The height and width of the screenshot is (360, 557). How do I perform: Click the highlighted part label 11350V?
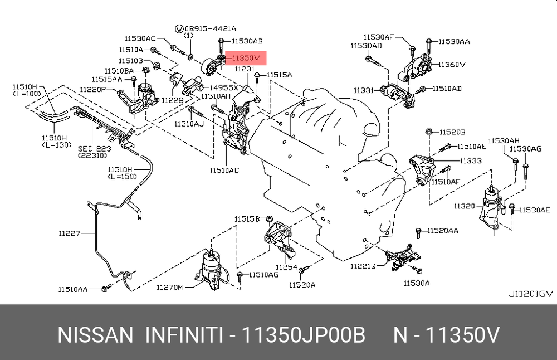[246, 57]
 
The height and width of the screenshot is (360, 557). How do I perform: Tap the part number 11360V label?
[452, 64]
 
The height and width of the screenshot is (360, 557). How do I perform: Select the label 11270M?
[169, 287]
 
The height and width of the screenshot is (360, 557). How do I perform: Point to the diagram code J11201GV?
[531, 294]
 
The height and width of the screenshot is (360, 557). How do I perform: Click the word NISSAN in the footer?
[95, 335]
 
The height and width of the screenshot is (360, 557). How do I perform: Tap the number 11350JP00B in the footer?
[303, 335]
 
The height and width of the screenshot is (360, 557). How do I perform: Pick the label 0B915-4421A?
[210, 28]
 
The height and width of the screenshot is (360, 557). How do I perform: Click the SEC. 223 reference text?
[95, 149]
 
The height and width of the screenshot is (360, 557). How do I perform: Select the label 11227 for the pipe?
[70, 233]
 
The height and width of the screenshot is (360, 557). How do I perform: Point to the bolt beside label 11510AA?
[106, 288]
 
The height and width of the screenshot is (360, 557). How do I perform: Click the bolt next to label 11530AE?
[512, 209]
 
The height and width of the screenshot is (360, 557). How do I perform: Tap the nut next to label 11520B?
[429, 132]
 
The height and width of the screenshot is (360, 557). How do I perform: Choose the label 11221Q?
[363, 266]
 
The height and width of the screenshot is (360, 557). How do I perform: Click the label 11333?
[471, 160]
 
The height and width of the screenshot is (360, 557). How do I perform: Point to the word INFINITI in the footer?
[185, 335]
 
